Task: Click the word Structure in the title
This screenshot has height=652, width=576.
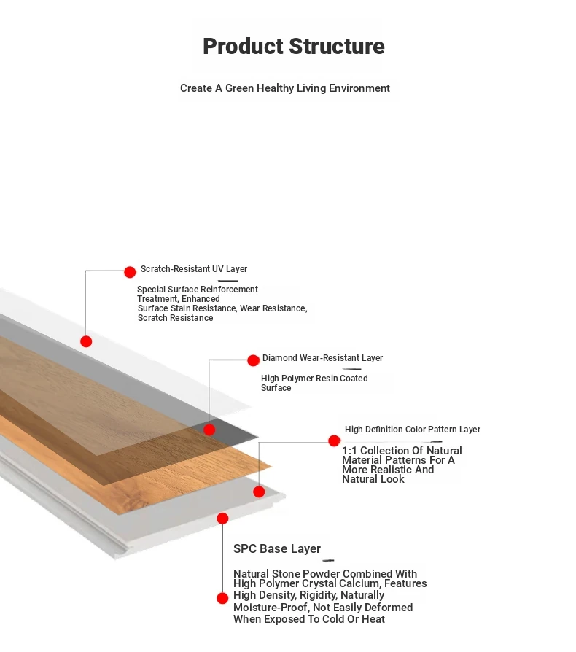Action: tap(337, 46)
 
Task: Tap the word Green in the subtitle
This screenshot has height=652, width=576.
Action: tap(239, 88)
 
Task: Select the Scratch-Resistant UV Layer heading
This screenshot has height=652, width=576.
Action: tap(194, 269)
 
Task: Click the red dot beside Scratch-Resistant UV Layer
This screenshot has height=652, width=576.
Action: tap(130, 272)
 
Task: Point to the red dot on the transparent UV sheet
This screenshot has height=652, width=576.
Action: tap(86, 341)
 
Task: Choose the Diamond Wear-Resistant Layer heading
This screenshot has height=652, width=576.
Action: tap(322, 358)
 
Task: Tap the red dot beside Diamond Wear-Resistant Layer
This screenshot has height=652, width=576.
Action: tap(253, 360)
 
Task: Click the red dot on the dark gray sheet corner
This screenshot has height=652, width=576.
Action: tap(209, 430)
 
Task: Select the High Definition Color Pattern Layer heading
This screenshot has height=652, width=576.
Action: tap(413, 430)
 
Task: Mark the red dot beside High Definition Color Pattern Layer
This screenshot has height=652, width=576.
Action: tap(334, 441)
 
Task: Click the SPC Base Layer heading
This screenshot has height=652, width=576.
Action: tap(277, 549)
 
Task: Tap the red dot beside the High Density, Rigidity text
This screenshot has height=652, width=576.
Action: tap(222, 598)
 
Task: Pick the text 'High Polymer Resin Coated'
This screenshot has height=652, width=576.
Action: tap(314, 379)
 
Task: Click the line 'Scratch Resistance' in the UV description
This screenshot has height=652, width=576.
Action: tap(176, 318)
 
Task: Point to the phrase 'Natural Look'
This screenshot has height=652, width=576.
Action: tap(373, 479)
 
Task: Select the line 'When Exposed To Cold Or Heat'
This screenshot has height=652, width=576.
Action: tap(309, 619)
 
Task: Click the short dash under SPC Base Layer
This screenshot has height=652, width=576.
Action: tap(328, 561)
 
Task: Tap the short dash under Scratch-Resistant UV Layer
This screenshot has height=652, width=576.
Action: tap(227, 281)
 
